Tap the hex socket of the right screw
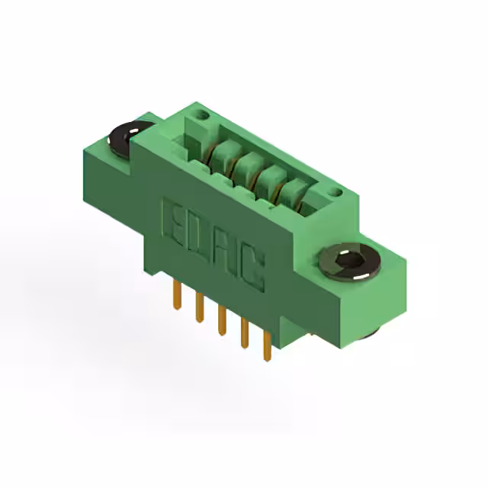point(347,262)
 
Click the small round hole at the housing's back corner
point(204,116)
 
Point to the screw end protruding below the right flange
point(368,333)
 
